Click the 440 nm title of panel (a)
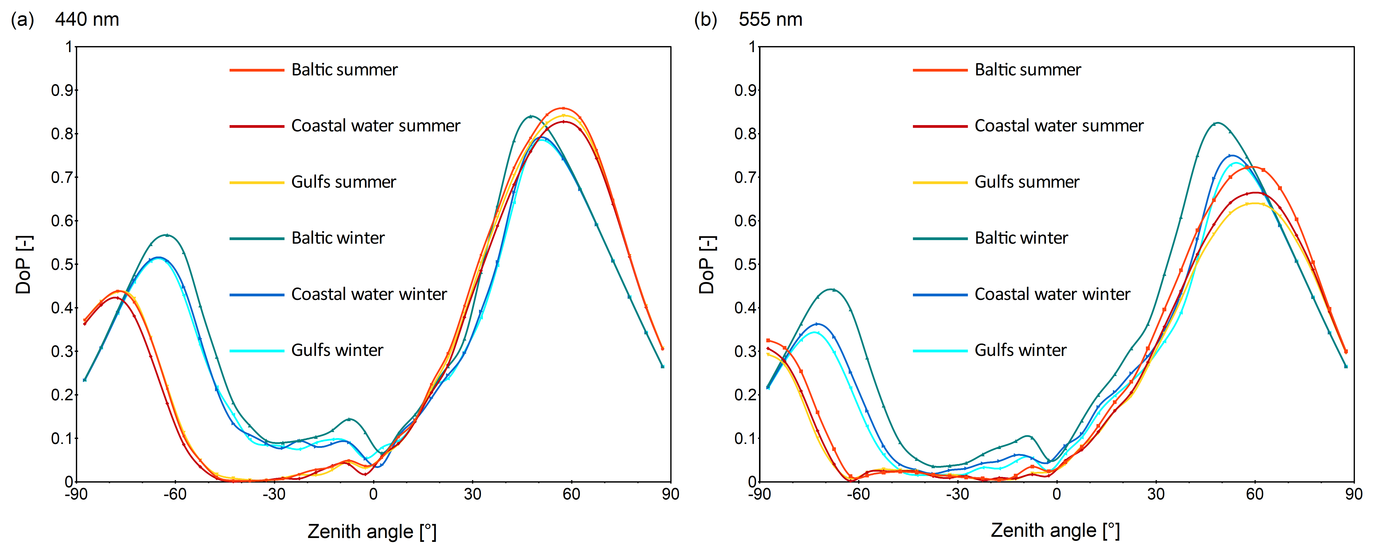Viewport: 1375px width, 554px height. tap(87, 20)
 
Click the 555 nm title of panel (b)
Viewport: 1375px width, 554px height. tap(770, 20)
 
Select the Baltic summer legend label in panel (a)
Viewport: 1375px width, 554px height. tap(344, 70)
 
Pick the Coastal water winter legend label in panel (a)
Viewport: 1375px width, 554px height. tap(369, 294)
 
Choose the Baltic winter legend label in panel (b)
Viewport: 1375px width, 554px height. tap(1021, 238)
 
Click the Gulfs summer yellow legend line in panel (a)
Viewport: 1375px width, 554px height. tap(257, 183)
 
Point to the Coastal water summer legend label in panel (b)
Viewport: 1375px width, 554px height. tap(1059, 126)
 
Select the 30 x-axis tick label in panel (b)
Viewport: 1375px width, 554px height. tap(1156, 494)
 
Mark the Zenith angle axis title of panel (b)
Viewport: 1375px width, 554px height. tap(1055, 530)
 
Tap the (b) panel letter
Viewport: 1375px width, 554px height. tap(705, 20)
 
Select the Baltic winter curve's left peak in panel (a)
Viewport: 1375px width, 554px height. tap(167, 235)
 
